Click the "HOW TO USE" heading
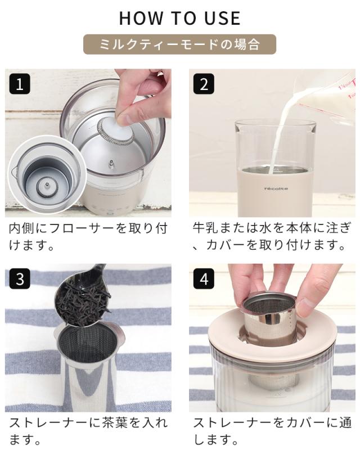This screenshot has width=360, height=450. [x=179, y=18]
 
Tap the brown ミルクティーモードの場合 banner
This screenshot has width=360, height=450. [x=179, y=44]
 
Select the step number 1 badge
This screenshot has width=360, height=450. [x=20, y=84]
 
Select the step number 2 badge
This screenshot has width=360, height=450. [x=204, y=84]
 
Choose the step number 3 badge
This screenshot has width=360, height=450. [x=20, y=278]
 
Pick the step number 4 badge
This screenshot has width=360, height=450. [x=204, y=278]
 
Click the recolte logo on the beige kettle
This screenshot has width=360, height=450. [x=276, y=188]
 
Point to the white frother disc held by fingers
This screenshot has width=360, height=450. [x=116, y=130]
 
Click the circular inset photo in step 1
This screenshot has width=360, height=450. [x=47, y=175]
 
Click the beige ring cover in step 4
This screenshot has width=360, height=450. [x=273, y=330]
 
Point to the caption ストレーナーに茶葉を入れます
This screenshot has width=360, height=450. [x=88, y=431]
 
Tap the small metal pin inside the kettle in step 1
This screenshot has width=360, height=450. [x=110, y=165]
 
